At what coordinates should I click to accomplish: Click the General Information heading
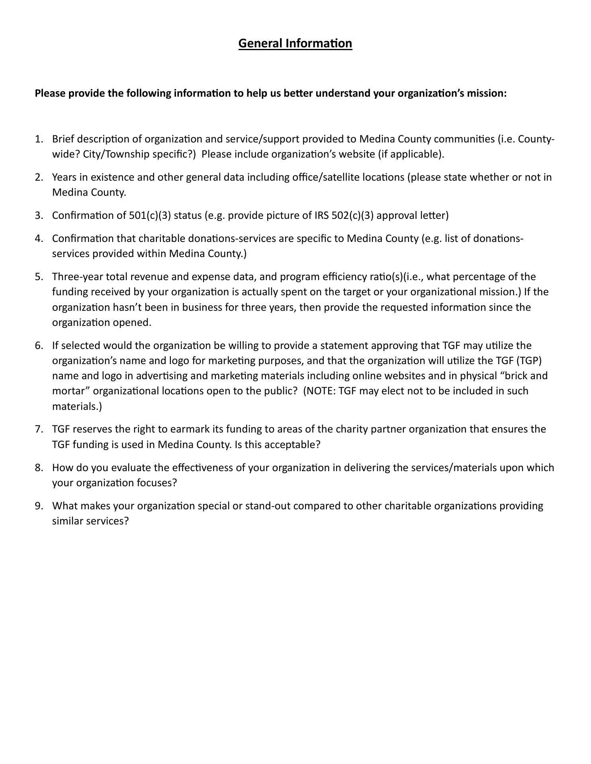[295, 43]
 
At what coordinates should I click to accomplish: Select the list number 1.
[38, 139]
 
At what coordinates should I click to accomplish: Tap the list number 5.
[38, 277]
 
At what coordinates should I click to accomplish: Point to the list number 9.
[38, 506]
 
